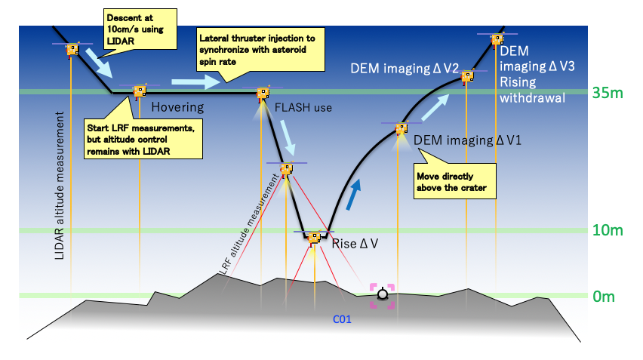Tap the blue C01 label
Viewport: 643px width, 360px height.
343,320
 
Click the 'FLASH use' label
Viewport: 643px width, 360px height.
303,107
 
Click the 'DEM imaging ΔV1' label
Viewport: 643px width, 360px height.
468,141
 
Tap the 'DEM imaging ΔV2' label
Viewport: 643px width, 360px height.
405,68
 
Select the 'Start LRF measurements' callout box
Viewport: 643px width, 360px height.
143,138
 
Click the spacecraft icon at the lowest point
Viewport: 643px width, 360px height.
313,237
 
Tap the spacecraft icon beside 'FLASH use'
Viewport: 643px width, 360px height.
263,94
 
